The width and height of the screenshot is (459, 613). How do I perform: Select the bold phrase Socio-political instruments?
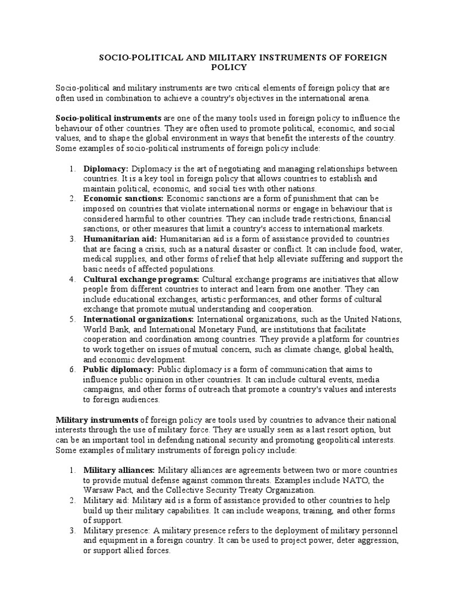tap(108, 117)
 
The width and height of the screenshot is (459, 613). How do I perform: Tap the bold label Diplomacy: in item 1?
tap(106, 168)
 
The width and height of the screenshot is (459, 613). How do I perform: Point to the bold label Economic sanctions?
tap(124, 198)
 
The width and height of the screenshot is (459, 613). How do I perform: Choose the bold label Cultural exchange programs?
tap(142, 279)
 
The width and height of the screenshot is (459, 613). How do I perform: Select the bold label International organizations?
tap(139, 319)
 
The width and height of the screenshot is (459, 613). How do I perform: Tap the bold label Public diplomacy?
tap(119, 370)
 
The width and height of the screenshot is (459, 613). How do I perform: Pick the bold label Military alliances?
tap(120, 470)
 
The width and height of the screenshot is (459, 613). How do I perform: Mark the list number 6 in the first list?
tap(72, 370)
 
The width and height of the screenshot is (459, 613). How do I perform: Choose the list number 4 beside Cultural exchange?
tap(72, 279)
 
